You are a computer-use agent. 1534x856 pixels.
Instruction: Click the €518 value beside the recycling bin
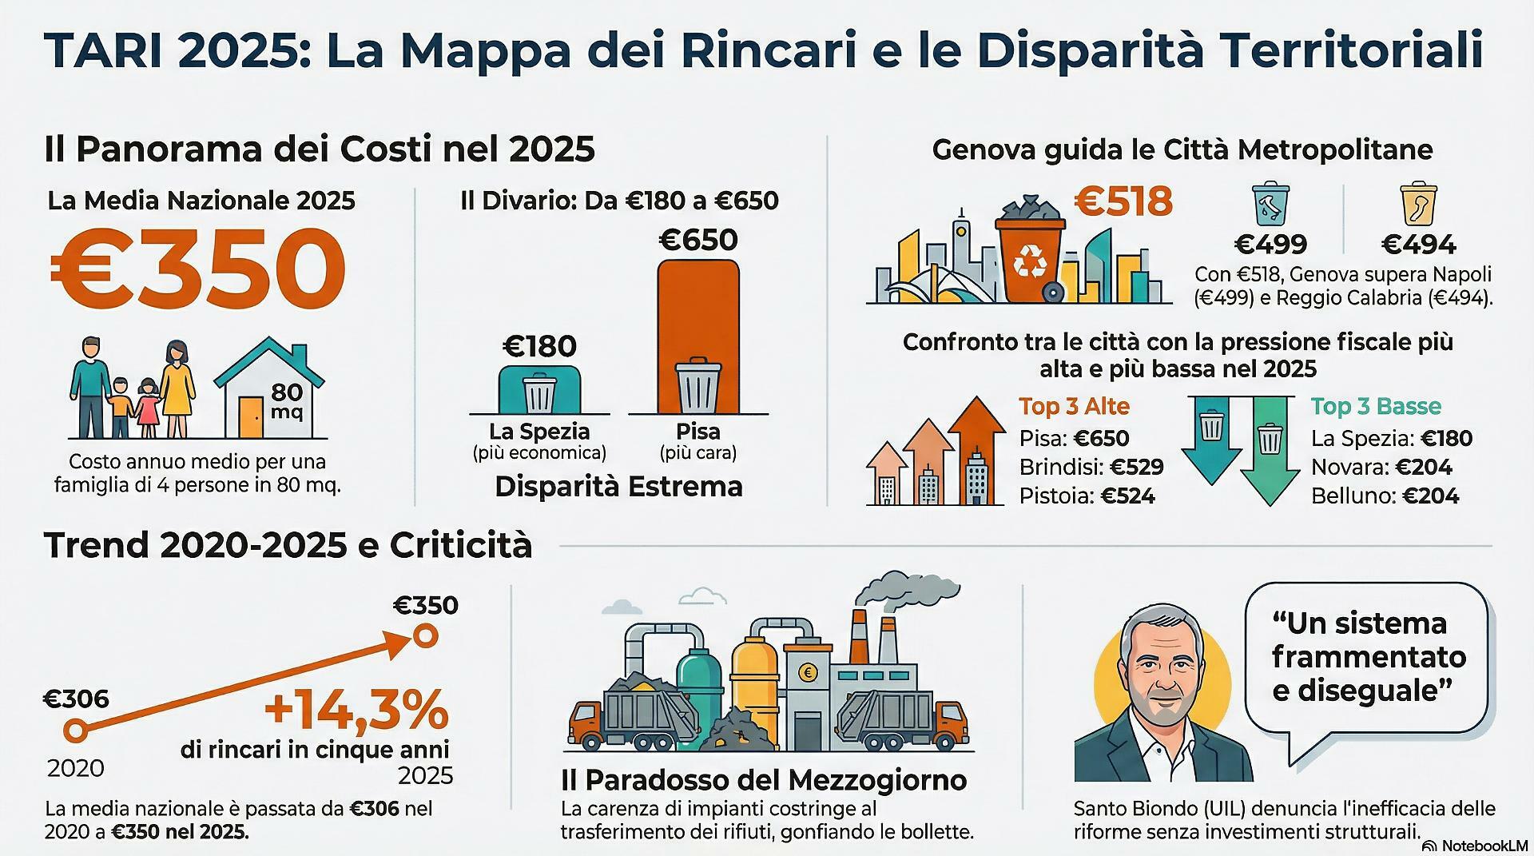pos(1123,201)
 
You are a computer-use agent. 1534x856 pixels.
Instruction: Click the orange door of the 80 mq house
pos(251,417)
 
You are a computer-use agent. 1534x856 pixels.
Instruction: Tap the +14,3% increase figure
pos(356,711)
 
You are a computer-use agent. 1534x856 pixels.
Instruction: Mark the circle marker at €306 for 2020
pos(74,730)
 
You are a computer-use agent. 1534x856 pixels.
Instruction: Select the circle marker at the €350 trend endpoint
pos(426,636)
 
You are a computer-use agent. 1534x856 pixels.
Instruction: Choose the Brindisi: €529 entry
pos(1091,467)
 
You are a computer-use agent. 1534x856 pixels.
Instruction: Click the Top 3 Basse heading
pos(1376,406)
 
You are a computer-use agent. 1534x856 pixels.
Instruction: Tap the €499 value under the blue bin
pos(1270,244)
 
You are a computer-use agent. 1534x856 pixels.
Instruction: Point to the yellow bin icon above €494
pos(1418,205)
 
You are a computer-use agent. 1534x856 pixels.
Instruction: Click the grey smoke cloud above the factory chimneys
pos(911,592)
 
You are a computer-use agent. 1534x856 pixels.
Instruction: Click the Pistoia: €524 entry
pos(1087,496)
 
